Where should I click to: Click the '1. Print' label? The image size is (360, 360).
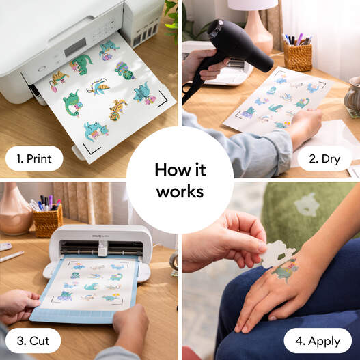pos(34,158)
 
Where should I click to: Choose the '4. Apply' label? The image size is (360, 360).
pos(318,340)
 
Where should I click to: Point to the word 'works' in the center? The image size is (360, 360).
pos(180,192)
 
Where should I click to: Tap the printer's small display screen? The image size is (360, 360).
pos(74,45)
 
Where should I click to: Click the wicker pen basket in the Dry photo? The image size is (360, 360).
pos(298,54)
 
